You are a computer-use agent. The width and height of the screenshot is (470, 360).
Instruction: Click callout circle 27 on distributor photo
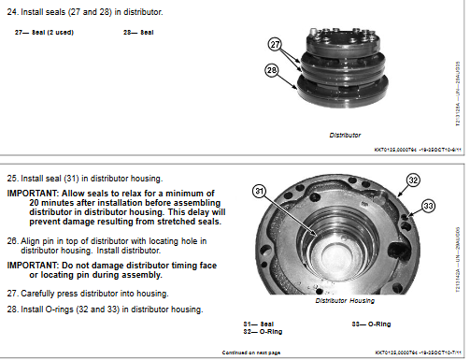(x=275, y=44)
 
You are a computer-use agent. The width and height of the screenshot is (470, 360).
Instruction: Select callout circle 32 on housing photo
(x=404, y=183)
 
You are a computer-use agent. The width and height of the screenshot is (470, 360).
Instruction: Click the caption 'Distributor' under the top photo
(x=345, y=135)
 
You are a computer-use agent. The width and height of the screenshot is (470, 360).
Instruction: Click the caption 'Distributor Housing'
(x=344, y=300)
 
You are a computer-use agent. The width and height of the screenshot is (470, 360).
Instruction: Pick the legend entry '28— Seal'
(x=138, y=32)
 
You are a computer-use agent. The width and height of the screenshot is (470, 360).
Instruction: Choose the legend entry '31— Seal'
(x=258, y=324)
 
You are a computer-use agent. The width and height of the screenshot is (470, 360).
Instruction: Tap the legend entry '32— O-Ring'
(x=263, y=331)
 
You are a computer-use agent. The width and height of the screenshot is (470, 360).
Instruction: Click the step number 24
(x=12, y=11)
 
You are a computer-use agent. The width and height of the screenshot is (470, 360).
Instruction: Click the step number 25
(x=12, y=178)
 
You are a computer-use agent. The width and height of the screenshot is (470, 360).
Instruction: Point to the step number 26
(x=12, y=241)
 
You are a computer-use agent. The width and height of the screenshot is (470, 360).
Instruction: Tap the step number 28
(x=12, y=309)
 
